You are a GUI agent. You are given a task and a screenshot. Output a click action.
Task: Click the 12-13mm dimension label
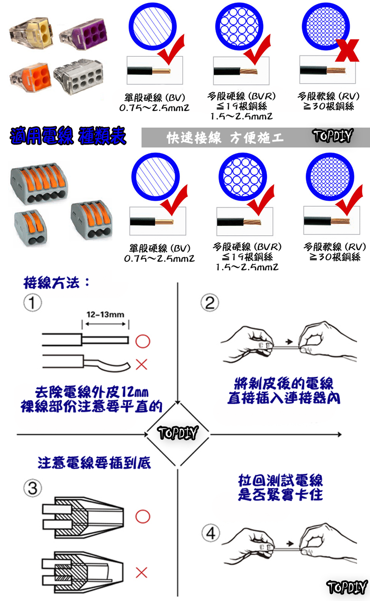105,315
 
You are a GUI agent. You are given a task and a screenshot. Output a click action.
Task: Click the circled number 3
33,488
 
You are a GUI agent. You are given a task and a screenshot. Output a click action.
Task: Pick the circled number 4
211,534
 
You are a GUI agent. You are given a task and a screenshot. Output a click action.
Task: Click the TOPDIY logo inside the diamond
178,434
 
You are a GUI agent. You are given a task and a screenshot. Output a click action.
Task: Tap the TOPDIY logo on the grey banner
332,136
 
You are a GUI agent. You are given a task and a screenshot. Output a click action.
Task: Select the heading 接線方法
55,283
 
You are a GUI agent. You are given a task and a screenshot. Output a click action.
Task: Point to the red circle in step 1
142,341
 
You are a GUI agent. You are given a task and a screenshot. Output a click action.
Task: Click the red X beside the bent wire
142,365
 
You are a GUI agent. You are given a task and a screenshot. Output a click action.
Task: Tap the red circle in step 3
142,516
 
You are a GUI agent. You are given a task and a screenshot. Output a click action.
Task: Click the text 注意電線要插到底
94,463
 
